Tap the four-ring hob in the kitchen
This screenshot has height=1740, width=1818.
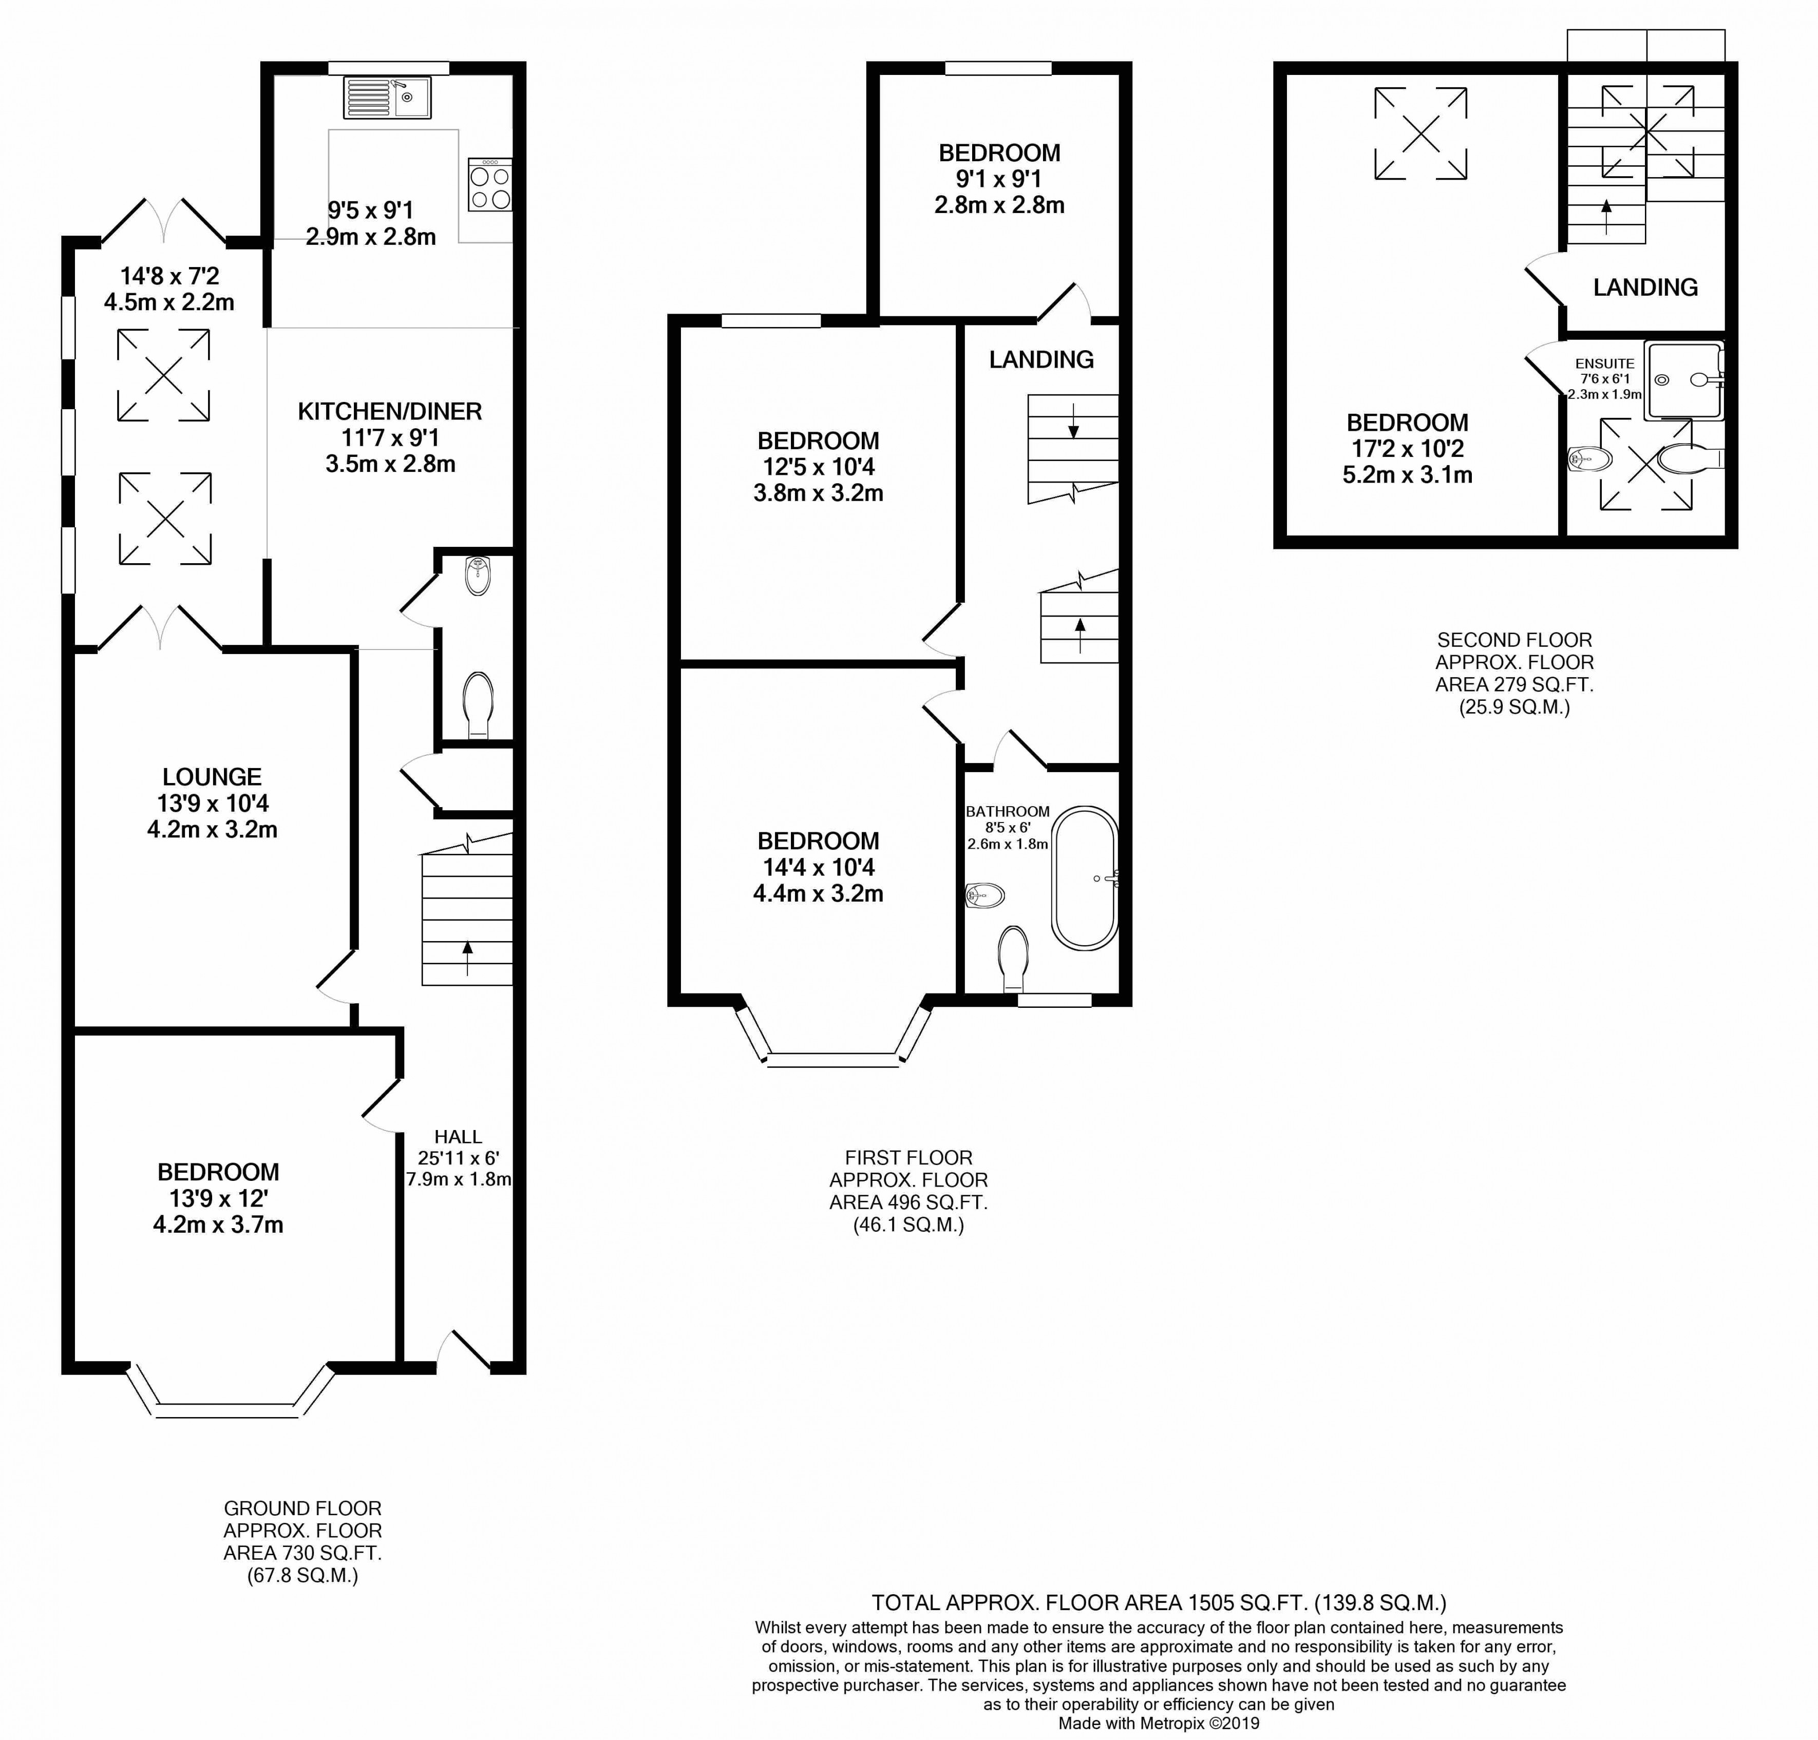coord(490,185)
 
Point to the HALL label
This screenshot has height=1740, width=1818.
coord(458,1136)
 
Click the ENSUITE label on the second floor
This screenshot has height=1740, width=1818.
coord(1605,364)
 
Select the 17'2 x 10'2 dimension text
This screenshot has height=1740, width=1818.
coord(1407,449)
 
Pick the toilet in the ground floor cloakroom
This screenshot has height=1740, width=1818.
coord(479,705)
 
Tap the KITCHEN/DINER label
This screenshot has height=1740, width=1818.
coord(390,412)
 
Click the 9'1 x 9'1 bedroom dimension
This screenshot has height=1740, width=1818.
coord(999,179)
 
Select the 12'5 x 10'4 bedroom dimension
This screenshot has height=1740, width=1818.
coord(818,467)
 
